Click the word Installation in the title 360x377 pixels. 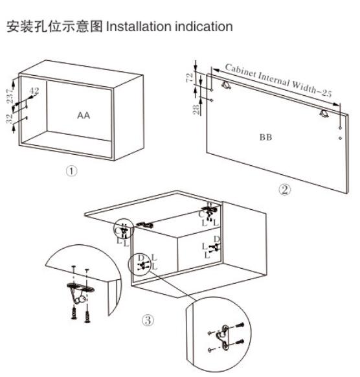[139, 26]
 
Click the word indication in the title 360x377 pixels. [203, 26]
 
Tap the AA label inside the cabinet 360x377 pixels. [84, 116]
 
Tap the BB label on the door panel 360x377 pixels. [266, 137]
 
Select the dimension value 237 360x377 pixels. [9, 96]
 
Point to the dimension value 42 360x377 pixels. [34, 91]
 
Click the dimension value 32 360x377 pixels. [9, 119]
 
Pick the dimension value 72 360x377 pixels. [190, 78]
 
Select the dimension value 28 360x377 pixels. [196, 109]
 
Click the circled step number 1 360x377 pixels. [71, 171]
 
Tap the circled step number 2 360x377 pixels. [284, 190]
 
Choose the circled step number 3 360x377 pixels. [148, 320]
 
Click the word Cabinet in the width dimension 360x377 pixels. [241, 71]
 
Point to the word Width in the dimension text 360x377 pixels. [304, 87]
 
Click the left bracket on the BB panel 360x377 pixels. [226, 85]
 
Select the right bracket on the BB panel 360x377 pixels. [324, 113]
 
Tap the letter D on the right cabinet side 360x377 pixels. [216, 239]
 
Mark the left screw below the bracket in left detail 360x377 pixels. [74, 313]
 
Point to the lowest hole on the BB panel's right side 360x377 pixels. [341, 138]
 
